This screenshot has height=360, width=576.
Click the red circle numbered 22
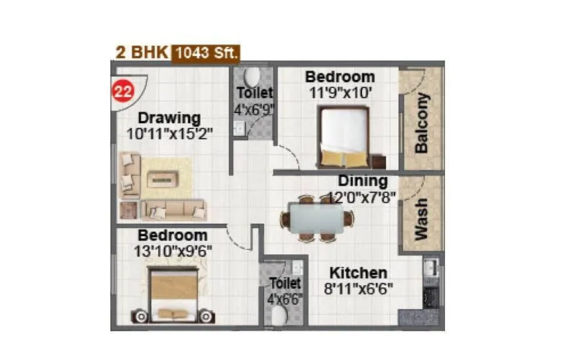click(122, 91)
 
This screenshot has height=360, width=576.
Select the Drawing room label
click(169, 117)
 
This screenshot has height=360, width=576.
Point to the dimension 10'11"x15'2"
click(169, 133)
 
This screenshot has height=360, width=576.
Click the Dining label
click(362, 181)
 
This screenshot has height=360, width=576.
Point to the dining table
click(318, 216)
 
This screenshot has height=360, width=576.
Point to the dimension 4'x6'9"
click(254, 110)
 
